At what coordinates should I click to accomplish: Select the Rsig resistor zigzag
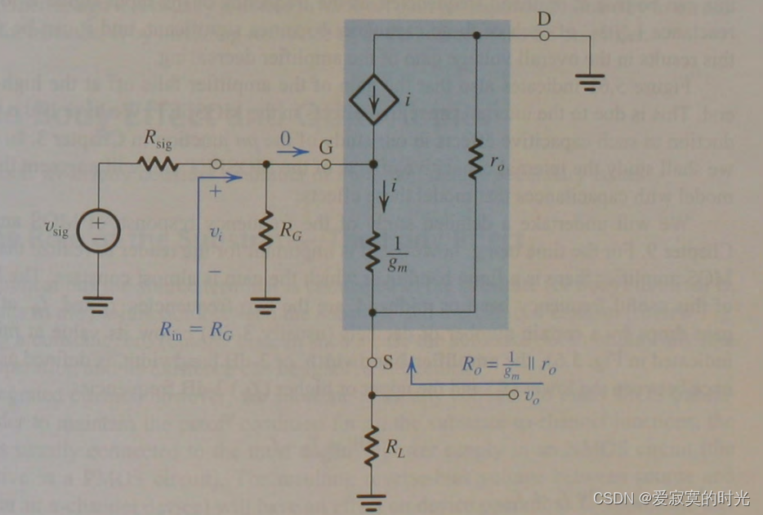[x=158, y=164]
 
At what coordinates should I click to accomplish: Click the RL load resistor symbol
[x=373, y=445]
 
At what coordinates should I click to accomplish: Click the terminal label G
[x=326, y=148]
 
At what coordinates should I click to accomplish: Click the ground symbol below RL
[x=373, y=496]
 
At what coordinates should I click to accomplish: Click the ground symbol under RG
[x=265, y=307]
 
